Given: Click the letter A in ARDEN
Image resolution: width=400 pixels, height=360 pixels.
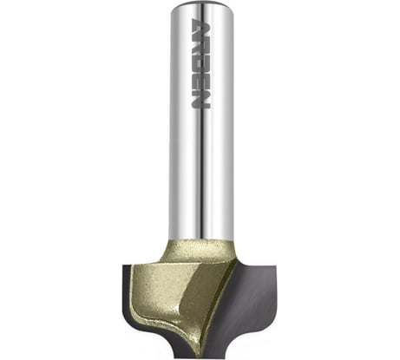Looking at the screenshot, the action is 200,28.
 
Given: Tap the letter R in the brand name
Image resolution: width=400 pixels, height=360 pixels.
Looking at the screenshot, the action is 200,46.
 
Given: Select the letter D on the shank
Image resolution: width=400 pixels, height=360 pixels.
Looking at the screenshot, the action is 200,64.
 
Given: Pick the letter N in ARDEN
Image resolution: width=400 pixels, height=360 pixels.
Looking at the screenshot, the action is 200,99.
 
